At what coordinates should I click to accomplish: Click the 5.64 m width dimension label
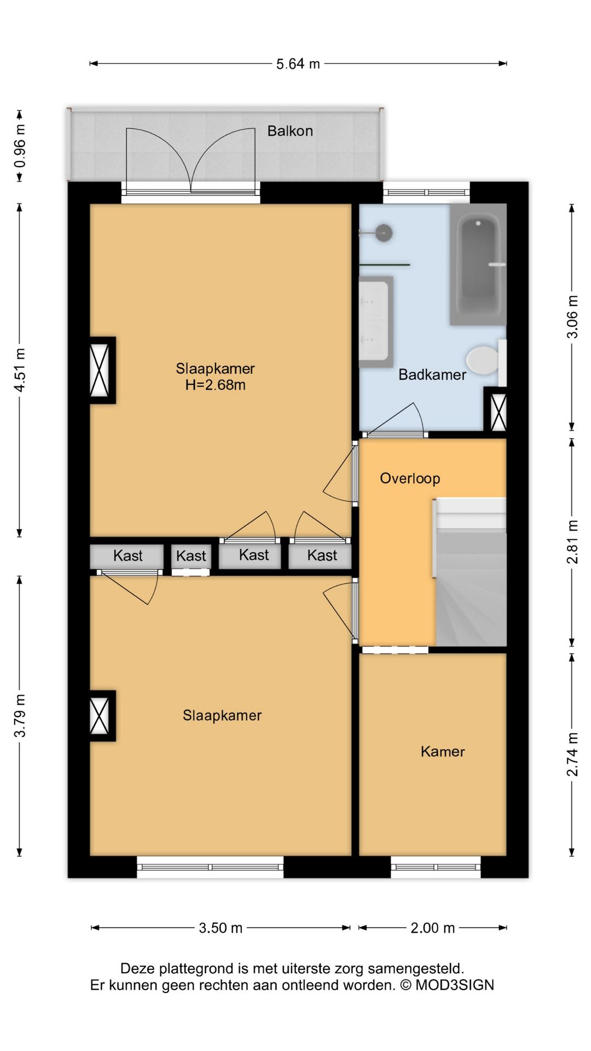(298, 64)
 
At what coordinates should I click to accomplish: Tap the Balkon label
(290, 131)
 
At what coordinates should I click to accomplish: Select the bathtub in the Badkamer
(478, 264)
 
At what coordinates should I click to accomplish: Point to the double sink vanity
(376, 322)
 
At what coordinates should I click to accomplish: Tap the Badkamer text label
(432, 375)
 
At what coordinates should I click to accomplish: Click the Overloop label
(410, 478)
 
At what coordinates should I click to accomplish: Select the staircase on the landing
(470, 571)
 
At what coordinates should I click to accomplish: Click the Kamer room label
(443, 752)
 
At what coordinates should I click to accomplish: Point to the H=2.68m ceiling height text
(215, 385)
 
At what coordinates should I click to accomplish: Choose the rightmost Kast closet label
(322, 556)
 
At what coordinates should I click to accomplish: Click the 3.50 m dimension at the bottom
(221, 928)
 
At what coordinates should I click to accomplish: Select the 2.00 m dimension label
(432, 928)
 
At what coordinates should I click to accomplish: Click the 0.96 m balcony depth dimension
(20, 146)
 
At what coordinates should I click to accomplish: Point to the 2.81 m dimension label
(572, 542)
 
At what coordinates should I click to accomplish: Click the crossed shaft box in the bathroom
(499, 412)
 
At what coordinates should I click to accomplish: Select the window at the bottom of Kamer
(436, 867)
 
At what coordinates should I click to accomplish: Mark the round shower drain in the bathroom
(384, 233)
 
